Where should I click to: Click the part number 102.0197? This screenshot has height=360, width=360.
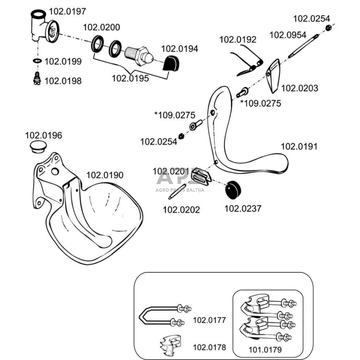pyautogui.click(x=68, y=11)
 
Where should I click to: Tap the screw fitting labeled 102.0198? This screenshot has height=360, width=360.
pyautogui.click(x=37, y=79)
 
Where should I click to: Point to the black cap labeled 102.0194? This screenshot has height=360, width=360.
pyautogui.click(x=171, y=64)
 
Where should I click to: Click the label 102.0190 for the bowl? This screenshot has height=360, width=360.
pyautogui.click(x=105, y=175)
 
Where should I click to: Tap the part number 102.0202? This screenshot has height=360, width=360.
pyautogui.click(x=181, y=210)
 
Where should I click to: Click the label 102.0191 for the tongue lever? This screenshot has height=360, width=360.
pyautogui.click(x=299, y=146)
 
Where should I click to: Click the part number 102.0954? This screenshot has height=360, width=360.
pyautogui.click(x=288, y=35)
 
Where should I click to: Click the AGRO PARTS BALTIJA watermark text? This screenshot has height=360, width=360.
pyautogui.click(x=180, y=190)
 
